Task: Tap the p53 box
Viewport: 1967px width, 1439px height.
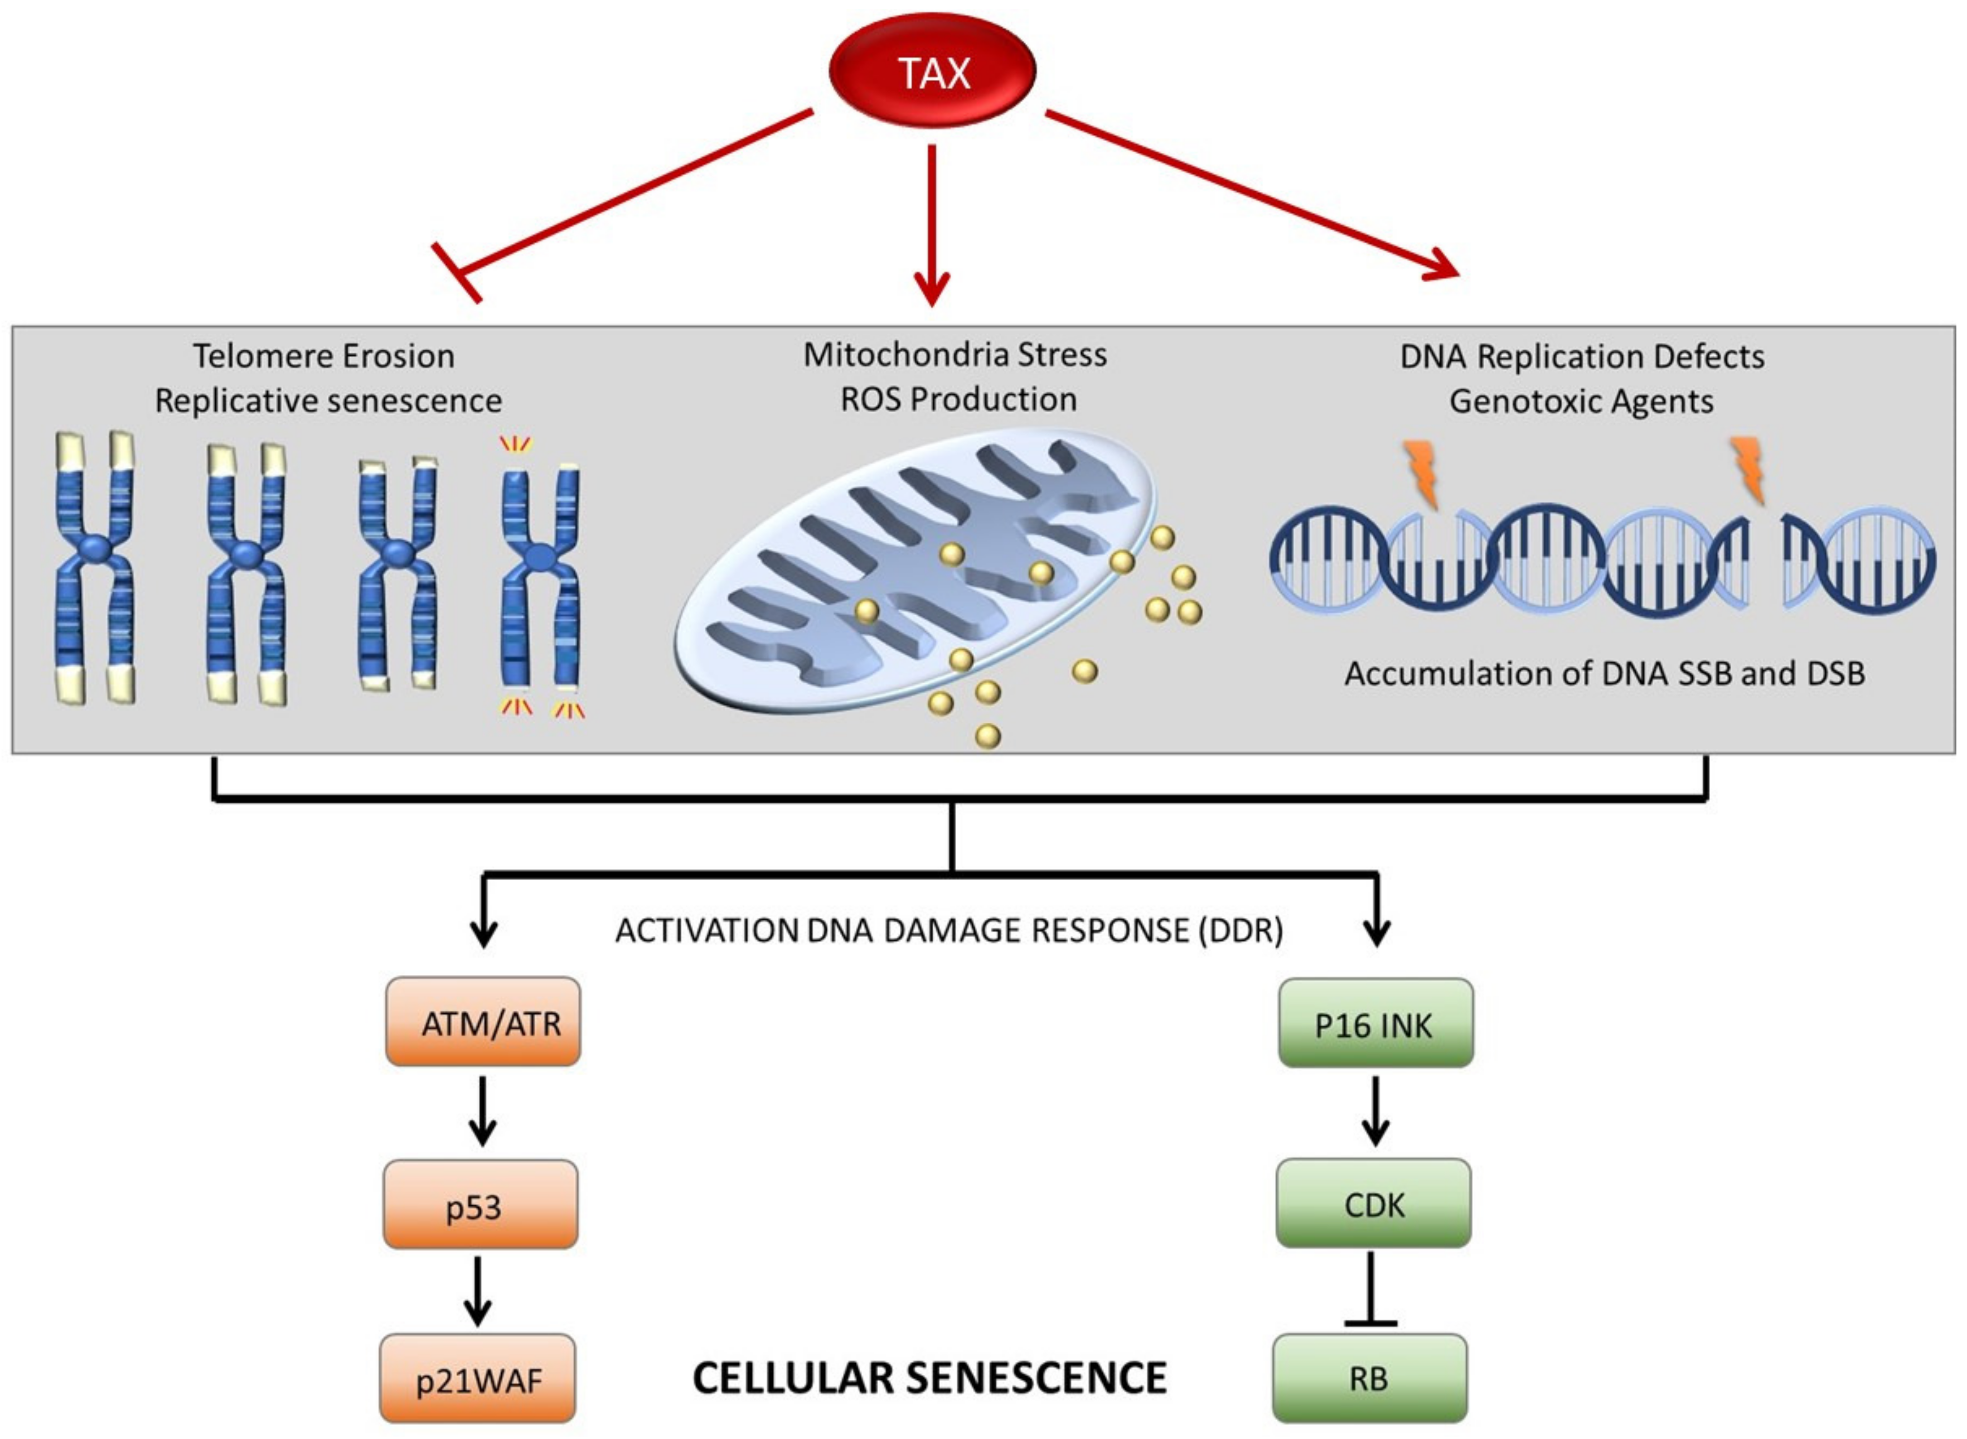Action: [481, 1205]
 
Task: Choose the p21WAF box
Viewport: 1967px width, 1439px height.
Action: [478, 1379]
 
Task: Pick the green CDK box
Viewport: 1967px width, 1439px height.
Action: [1374, 1203]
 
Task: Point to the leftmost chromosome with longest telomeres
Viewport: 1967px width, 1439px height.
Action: [95, 567]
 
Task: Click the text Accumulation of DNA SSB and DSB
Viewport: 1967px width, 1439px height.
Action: [1605, 673]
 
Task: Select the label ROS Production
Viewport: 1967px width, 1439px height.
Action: [958, 399]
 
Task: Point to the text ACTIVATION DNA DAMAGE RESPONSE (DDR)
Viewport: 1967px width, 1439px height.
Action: [949, 930]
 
